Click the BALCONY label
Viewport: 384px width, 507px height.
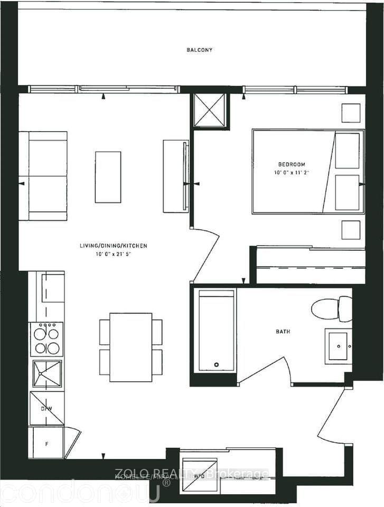(x=199, y=50)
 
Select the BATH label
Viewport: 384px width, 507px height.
(x=283, y=332)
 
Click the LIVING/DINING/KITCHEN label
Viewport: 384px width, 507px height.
(x=113, y=246)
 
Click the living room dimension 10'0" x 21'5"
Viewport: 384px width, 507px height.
(x=113, y=254)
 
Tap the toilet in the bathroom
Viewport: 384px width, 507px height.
(x=331, y=309)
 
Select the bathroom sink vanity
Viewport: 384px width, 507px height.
(x=338, y=346)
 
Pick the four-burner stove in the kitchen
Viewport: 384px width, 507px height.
(x=46, y=339)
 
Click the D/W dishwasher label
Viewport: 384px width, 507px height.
(x=46, y=408)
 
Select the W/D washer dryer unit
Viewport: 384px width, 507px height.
(x=200, y=475)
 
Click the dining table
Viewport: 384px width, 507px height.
(x=130, y=347)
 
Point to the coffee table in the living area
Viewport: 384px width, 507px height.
(x=108, y=177)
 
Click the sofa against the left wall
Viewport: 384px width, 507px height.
(x=43, y=176)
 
